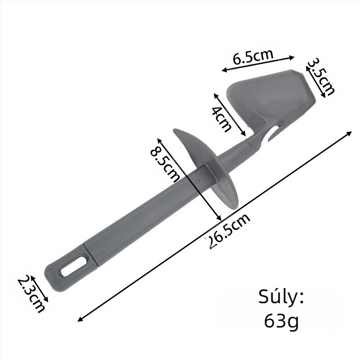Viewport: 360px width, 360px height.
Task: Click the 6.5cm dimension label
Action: click(253, 57)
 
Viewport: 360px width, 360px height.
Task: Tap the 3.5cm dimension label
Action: click(321, 76)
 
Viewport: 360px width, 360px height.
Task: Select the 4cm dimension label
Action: click(221, 119)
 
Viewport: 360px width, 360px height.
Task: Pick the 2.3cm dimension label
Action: click(31, 294)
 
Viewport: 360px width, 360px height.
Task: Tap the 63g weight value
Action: click(282, 320)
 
